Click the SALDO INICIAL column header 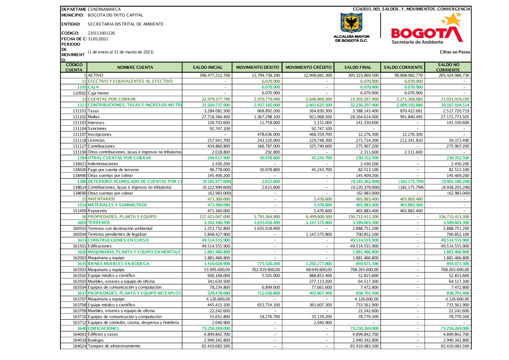point(208,67)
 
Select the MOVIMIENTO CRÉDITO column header point(308,67)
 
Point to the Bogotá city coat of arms point(351,23)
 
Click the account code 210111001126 point(101,33)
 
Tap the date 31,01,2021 point(98,39)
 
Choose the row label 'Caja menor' point(99,93)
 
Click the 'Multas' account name point(94,116)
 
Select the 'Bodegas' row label point(96,340)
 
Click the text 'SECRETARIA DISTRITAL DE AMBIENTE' point(126,24)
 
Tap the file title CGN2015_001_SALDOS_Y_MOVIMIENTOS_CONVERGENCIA point(411,9)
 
